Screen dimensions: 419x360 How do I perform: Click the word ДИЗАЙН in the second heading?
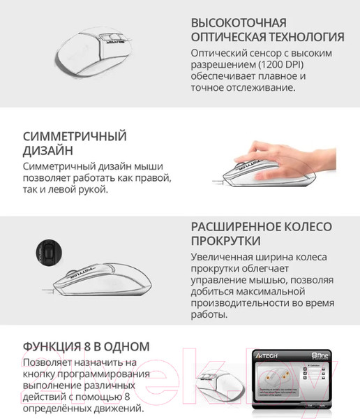pyautogui.click(x=46, y=151)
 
